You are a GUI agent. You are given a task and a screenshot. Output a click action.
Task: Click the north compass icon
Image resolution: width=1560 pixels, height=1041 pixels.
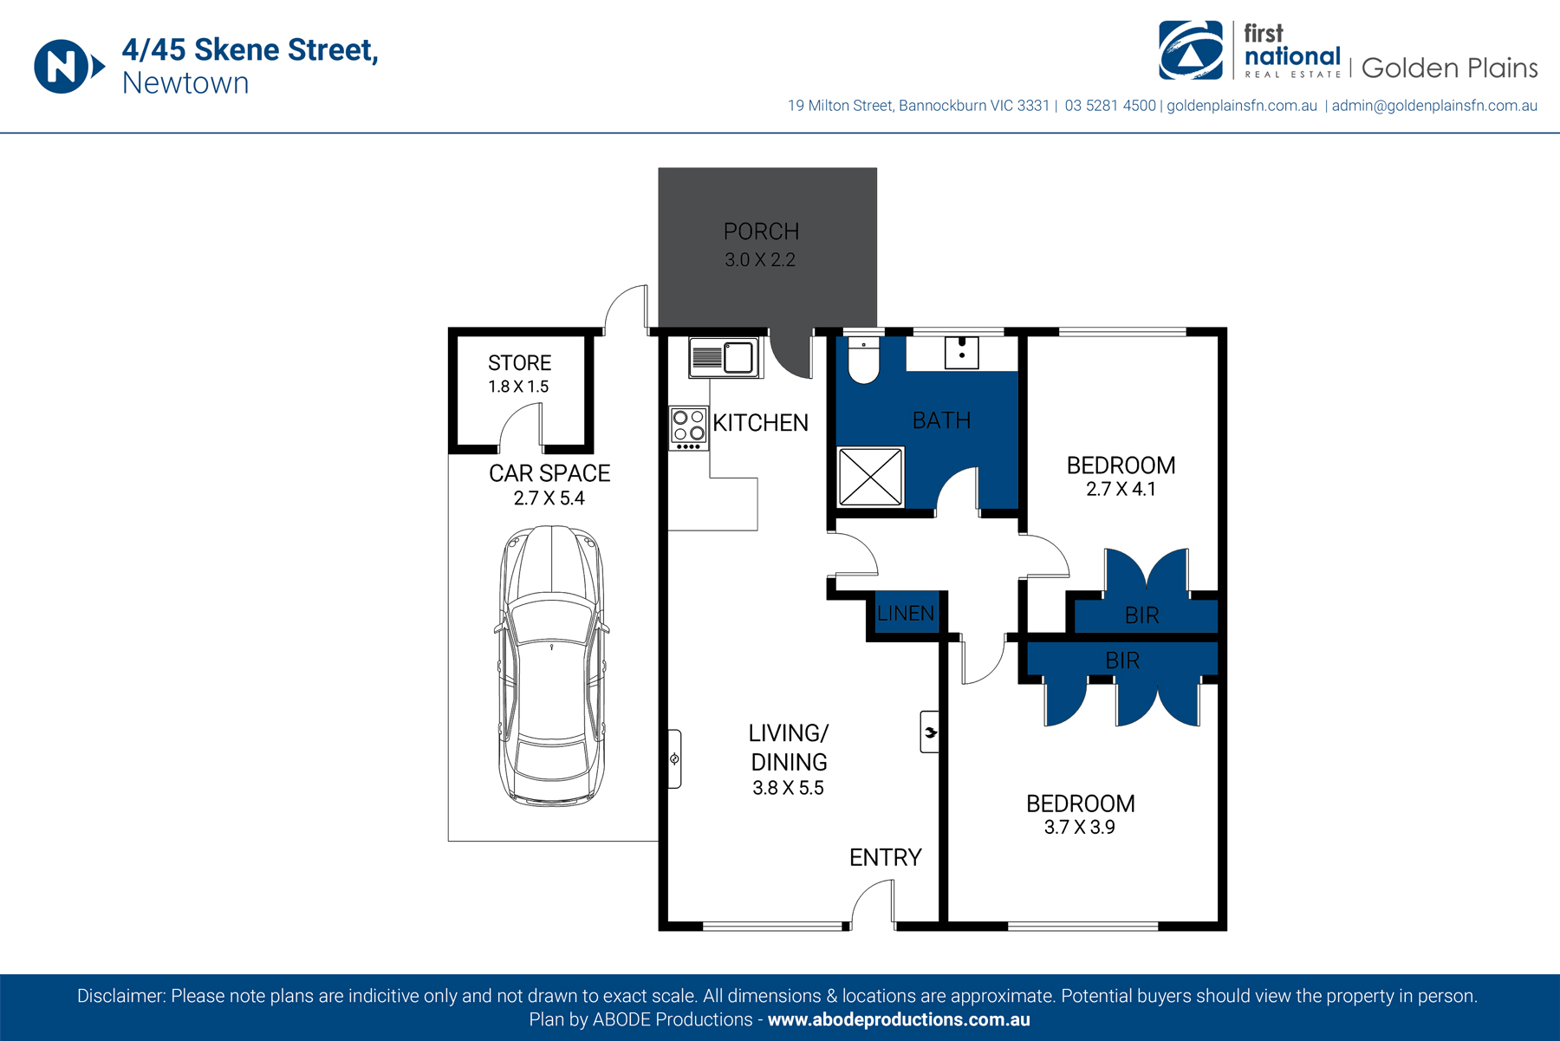pos(68,66)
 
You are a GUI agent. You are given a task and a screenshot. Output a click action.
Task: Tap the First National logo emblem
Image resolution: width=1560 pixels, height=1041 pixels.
pos(1191,50)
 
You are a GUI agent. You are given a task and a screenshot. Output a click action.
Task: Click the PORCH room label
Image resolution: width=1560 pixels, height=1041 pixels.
pos(761,231)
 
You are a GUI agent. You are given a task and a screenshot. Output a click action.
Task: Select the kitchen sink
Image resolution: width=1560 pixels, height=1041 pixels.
pos(725,357)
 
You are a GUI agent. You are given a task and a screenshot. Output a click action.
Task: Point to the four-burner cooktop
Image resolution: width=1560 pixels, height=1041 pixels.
pos(689,429)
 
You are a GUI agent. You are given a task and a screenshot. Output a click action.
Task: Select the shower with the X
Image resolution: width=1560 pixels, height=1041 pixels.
pos(871,476)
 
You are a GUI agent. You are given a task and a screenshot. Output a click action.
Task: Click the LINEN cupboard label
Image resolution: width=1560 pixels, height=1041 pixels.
pos(906,614)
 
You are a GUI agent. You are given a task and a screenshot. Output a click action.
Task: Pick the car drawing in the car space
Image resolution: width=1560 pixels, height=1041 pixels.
pos(551,666)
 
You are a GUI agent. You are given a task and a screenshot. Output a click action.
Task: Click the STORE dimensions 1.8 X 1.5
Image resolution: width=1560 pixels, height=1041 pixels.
pos(518,387)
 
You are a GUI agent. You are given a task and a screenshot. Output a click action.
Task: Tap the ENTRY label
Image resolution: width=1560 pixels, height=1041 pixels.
pos(885,858)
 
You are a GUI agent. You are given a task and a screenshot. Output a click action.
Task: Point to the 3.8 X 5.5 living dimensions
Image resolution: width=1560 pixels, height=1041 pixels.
pos(788,788)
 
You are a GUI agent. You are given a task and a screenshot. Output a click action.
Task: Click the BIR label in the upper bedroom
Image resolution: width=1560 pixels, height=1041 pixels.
pos(1141,615)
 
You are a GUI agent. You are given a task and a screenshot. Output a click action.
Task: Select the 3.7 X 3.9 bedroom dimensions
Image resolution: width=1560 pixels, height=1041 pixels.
pos(1079,827)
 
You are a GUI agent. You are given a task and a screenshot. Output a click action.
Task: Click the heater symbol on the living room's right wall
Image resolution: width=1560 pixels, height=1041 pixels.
pos(930,732)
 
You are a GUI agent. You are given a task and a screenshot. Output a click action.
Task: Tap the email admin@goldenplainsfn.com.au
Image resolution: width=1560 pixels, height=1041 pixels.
pos(1434,106)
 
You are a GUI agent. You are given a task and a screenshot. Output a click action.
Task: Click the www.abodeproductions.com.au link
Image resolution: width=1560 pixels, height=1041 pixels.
pos(899,1020)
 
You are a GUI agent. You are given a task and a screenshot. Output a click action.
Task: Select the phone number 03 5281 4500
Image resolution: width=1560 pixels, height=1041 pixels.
pos(1110,106)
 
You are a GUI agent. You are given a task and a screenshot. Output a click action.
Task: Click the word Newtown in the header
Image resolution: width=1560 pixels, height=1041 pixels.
pos(185,83)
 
